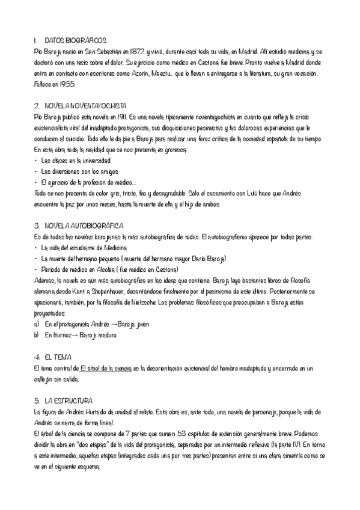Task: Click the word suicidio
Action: (78, 138)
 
